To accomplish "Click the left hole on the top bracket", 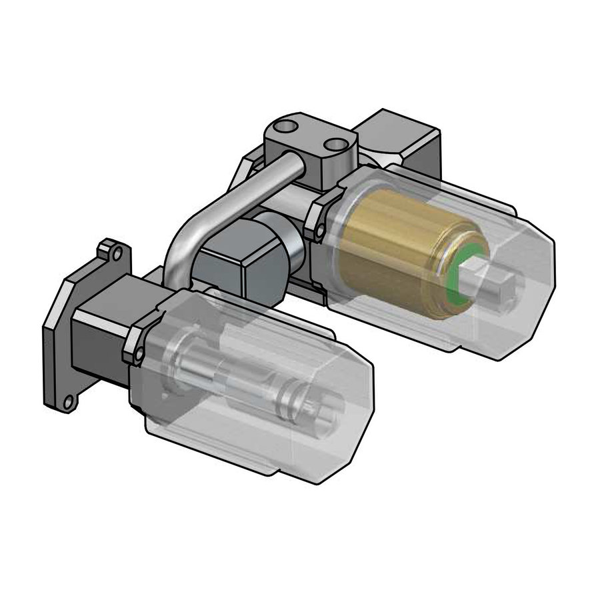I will click(x=279, y=127).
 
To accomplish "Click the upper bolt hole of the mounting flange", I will click(x=117, y=254).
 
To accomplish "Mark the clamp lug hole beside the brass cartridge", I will click(x=323, y=230).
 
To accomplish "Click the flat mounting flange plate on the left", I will click(x=61, y=333).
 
